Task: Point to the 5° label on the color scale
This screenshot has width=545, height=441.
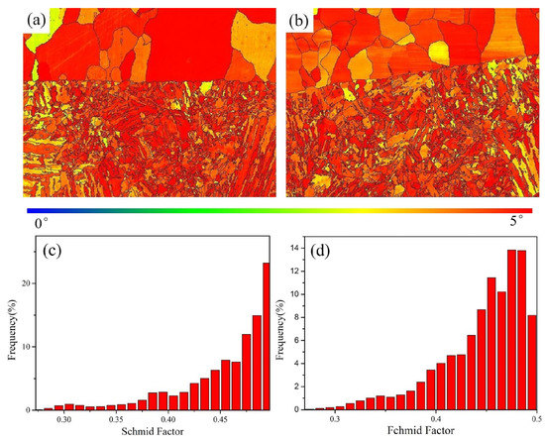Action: tap(522, 224)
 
